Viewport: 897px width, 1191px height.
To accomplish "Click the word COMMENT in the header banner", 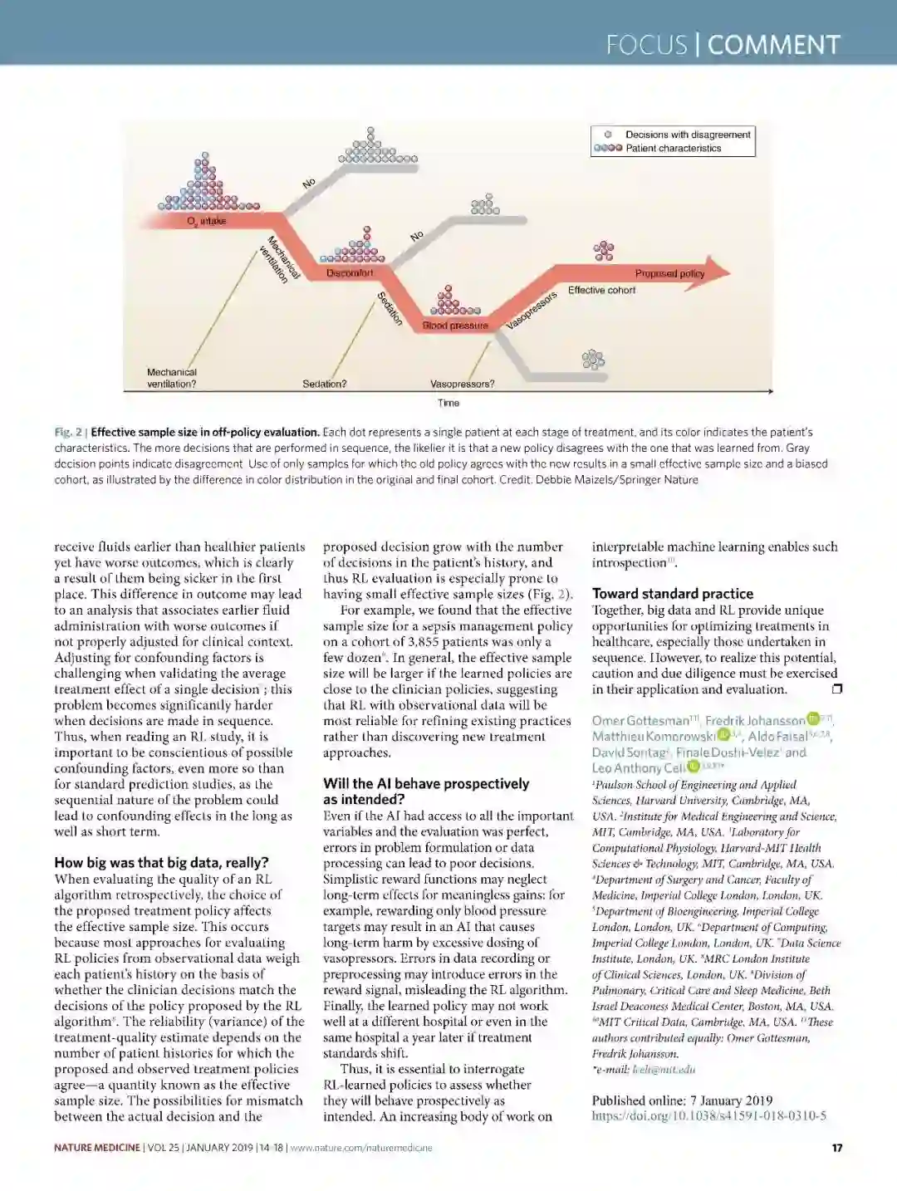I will coord(773,44).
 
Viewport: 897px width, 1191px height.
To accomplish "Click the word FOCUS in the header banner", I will coord(646,44).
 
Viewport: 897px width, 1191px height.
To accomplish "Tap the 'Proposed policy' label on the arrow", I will coord(669,273).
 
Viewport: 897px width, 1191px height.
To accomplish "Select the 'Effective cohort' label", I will coord(601,290).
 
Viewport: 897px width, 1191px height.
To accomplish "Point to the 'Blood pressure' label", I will coord(455,326).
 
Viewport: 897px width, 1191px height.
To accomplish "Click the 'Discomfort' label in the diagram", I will coord(350,273).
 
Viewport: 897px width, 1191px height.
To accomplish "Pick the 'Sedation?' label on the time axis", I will coord(325,384).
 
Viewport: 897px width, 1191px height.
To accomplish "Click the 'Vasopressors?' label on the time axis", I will coord(462,384).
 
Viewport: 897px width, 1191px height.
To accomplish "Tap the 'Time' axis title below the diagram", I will coord(448,403).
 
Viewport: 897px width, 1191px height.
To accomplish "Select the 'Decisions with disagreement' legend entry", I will coord(688,135).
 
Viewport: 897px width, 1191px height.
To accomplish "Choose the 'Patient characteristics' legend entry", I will coord(673,148).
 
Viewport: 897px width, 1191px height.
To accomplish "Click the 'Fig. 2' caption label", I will coord(68,432).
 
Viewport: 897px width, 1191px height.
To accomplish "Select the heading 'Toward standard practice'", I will coord(672,593).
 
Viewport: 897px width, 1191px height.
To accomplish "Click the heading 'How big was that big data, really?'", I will coord(161,862).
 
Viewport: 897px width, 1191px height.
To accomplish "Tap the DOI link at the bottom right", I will coord(708,1115).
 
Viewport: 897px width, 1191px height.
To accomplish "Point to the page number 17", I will coord(836,1148).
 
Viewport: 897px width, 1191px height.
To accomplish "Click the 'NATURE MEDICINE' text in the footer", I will coord(97,1148).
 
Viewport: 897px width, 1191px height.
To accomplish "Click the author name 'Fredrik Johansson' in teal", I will coord(755,720).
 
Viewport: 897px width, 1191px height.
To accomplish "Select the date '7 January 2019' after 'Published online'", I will coord(731,1100).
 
